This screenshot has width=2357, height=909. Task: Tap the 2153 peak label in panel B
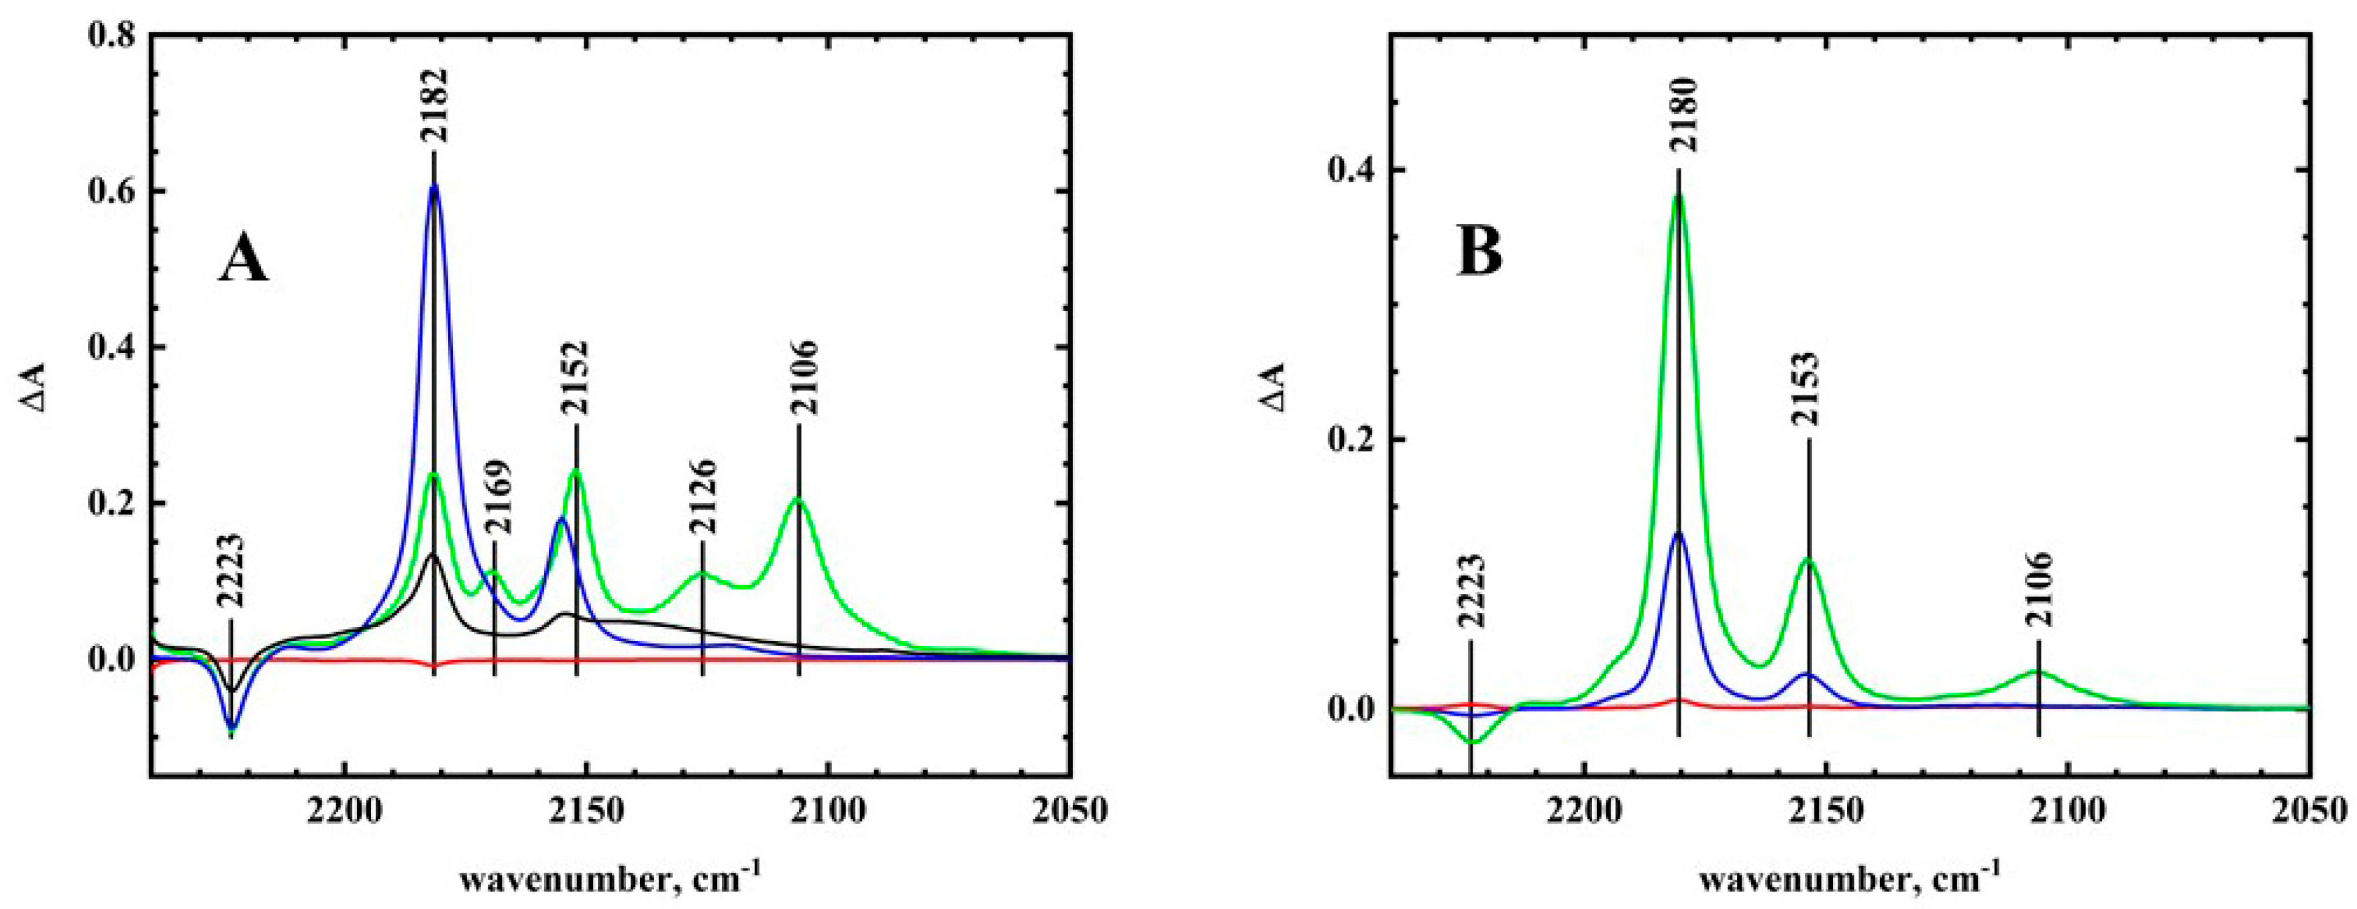tap(1809, 389)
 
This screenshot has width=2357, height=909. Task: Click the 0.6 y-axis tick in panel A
tap(111, 191)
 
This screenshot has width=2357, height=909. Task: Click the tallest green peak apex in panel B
tap(1678, 194)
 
